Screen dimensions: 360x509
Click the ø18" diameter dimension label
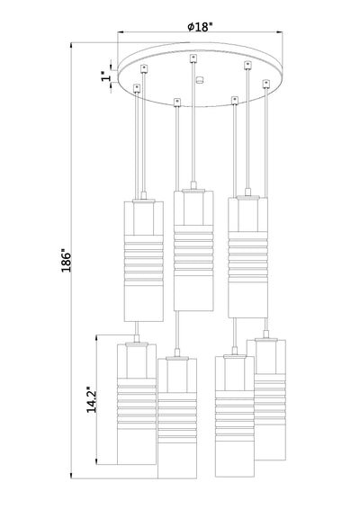click(200, 26)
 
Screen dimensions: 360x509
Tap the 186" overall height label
click(67, 261)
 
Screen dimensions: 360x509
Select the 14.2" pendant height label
click(91, 399)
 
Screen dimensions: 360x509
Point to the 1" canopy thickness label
click(105, 76)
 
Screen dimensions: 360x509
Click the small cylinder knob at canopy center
click(200, 80)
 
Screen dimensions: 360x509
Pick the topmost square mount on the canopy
click(193, 58)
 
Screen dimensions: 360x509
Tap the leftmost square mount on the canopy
click(137, 88)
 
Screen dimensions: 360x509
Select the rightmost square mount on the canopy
click(266, 84)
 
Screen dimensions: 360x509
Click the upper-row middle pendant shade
click(193, 251)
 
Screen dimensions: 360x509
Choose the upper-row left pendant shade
click(144, 262)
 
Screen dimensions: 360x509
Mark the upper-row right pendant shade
click(247, 258)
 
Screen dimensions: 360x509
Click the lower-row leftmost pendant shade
click(137, 404)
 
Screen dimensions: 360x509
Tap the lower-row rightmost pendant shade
click(270, 400)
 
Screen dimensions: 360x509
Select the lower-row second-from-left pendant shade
click(177, 418)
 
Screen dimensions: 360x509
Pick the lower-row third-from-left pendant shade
click(235, 416)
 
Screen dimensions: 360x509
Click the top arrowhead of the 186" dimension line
click(71, 46)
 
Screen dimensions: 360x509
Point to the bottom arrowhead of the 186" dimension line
click(71, 475)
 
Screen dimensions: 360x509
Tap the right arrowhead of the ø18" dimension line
click(279, 32)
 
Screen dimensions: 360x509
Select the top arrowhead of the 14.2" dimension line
click(96, 338)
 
